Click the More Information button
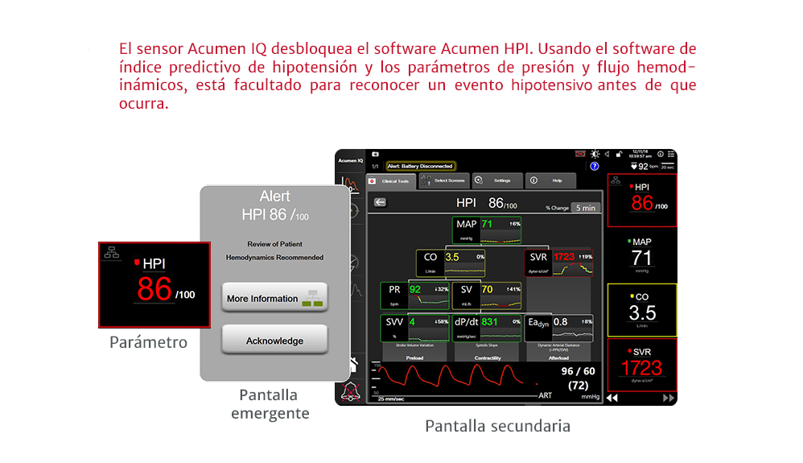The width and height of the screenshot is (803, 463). click(x=274, y=298)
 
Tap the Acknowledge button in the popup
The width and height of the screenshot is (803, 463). click(x=274, y=341)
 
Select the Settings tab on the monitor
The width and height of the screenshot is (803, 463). click(x=496, y=181)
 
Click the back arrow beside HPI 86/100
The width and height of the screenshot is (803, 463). click(x=380, y=203)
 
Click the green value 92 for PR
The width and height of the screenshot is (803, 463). click(x=415, y=289)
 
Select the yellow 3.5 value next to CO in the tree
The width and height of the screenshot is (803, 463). click(x=451, y=257)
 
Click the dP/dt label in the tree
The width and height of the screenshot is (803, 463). click(x=466, y=321)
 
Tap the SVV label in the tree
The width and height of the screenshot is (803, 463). click(x=394, y=321)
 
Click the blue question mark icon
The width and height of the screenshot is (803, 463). click(x=595, y=166)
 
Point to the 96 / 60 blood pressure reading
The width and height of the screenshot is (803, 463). click(x=578, y=371)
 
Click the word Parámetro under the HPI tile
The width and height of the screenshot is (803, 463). click(x=148, y=342)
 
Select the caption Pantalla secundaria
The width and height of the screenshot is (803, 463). click(x=497, y=426)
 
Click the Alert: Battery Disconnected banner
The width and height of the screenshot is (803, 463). click(x=420, y=166)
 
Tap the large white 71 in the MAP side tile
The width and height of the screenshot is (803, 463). click(x=641, y=258)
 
